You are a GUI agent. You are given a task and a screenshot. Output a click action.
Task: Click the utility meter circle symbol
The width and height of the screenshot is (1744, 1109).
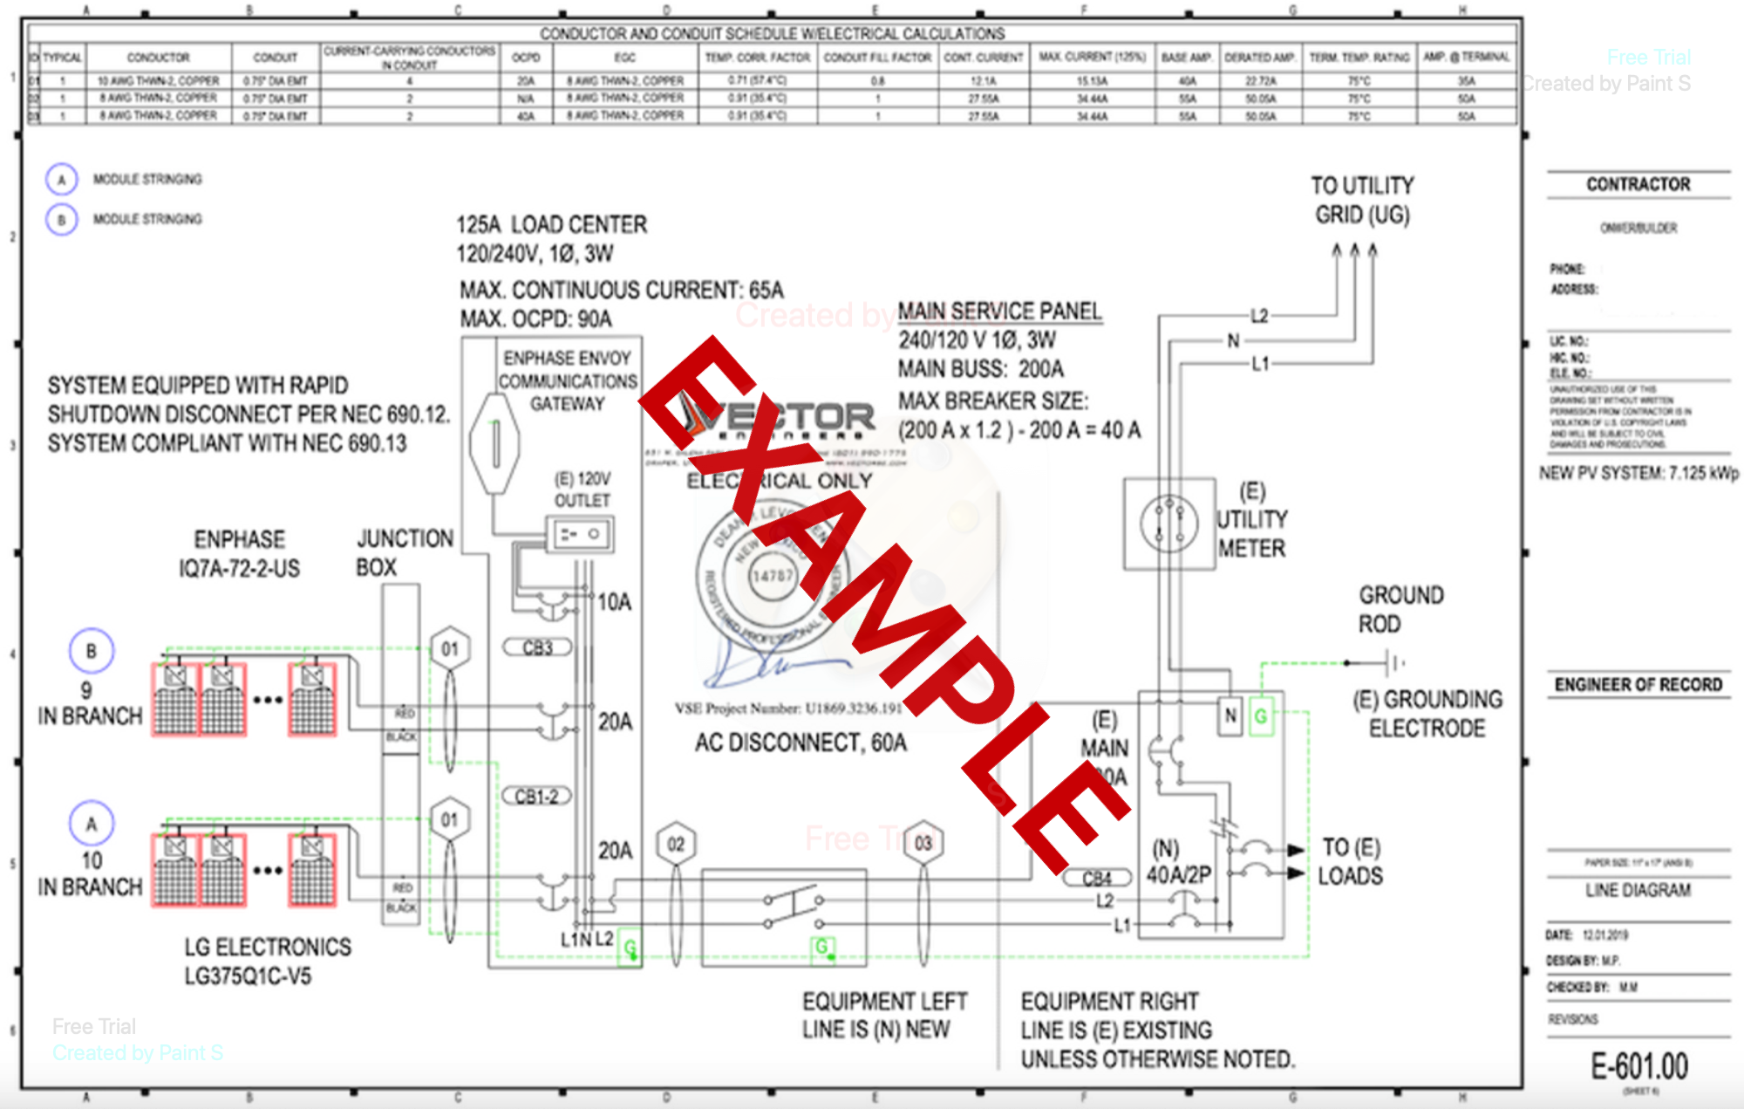coord(1168,524)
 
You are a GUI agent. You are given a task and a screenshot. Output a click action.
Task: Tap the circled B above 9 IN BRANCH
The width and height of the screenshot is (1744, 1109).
coord(92,651)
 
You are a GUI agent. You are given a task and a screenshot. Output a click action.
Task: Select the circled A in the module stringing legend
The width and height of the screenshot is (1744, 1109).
coord(61,180)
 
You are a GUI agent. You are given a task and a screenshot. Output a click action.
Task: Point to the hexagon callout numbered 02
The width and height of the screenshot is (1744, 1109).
coord(676,844)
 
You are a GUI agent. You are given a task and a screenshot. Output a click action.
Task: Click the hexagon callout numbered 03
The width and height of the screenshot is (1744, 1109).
coord(923,843)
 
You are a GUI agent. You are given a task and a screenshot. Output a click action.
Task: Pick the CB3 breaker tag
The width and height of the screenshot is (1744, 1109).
coord(537,647)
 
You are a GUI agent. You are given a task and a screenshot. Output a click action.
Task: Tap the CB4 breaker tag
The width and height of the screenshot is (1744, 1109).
coord(1097,878)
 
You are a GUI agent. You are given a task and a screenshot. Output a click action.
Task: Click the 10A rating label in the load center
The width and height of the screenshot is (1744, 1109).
coord(614,602)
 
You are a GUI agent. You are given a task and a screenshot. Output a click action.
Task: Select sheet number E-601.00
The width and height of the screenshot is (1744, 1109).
coord(1638,1066)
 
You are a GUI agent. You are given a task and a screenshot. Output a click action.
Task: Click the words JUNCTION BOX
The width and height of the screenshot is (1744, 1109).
coord(405,552)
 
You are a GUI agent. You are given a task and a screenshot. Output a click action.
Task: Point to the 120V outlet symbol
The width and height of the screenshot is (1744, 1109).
coord(580,534)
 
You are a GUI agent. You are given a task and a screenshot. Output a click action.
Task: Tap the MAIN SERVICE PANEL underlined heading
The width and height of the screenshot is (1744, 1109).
coord(999,311)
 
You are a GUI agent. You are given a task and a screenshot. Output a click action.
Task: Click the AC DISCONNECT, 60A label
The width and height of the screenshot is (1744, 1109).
coord(800,743)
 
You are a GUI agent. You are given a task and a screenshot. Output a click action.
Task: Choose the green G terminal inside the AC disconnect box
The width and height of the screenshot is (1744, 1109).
coord(821,947)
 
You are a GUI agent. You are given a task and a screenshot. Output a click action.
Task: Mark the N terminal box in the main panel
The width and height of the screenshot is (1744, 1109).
coord(1230,716)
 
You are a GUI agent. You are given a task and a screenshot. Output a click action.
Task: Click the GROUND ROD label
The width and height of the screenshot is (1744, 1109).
coord(1400,609)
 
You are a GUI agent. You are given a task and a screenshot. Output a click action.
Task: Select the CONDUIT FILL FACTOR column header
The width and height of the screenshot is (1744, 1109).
coord(877,58)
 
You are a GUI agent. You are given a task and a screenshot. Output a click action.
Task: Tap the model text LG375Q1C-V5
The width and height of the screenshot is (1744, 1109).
coord(248,976)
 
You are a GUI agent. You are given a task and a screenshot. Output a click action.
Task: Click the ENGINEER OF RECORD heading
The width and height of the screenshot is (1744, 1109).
coord(1638,685)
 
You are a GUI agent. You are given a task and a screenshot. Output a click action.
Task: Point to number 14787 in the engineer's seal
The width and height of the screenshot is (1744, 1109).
coord(773,576)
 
